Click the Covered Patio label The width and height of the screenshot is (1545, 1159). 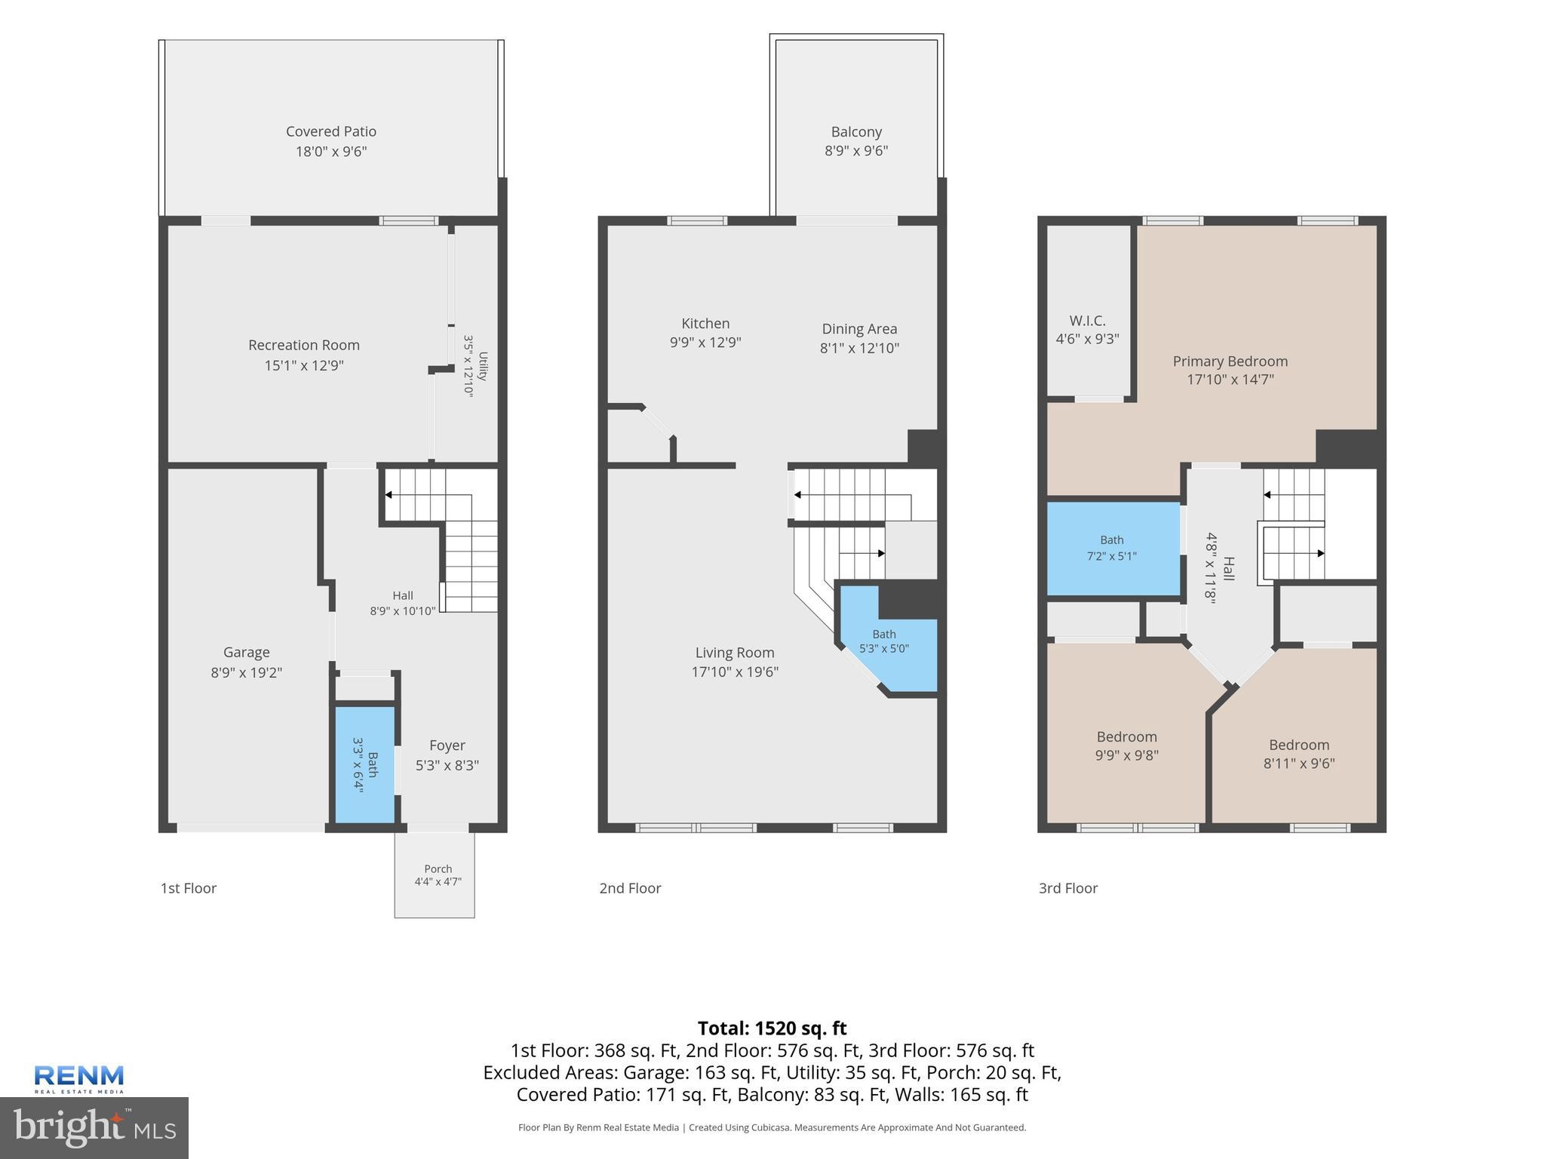pos(331,131)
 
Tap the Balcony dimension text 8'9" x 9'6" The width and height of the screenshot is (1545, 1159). pos(856,151)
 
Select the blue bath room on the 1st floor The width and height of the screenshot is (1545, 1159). pos(365,764)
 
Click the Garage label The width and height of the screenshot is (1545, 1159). pos(247,652)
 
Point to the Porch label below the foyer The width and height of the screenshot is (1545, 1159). pos(438,868)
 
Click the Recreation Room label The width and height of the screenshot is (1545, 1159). pos(304,345)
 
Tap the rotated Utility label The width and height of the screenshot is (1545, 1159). pos(483,367)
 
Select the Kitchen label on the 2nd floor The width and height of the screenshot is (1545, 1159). pos(705,323)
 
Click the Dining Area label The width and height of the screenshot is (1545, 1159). pos(859,329)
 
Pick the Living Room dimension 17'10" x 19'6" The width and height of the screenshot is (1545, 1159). pos(735,672)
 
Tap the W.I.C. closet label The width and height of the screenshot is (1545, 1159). pos(1087,321)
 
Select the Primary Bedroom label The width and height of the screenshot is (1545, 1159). pos(1230,361)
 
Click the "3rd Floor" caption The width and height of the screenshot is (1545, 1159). pos(1068,888)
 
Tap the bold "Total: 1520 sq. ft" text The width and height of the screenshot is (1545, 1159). pos(772,1028)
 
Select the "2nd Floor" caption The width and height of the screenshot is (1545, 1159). pos(630,888)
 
